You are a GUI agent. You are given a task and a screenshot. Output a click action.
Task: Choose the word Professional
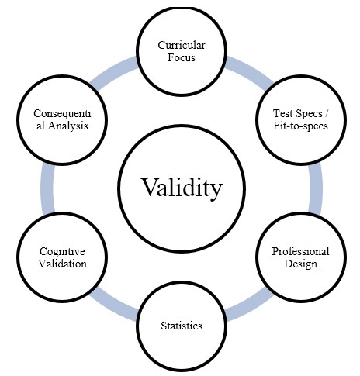300,251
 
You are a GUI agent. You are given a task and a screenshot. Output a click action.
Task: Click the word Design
300,264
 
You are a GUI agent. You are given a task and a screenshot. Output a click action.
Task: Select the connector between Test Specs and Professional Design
314,186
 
